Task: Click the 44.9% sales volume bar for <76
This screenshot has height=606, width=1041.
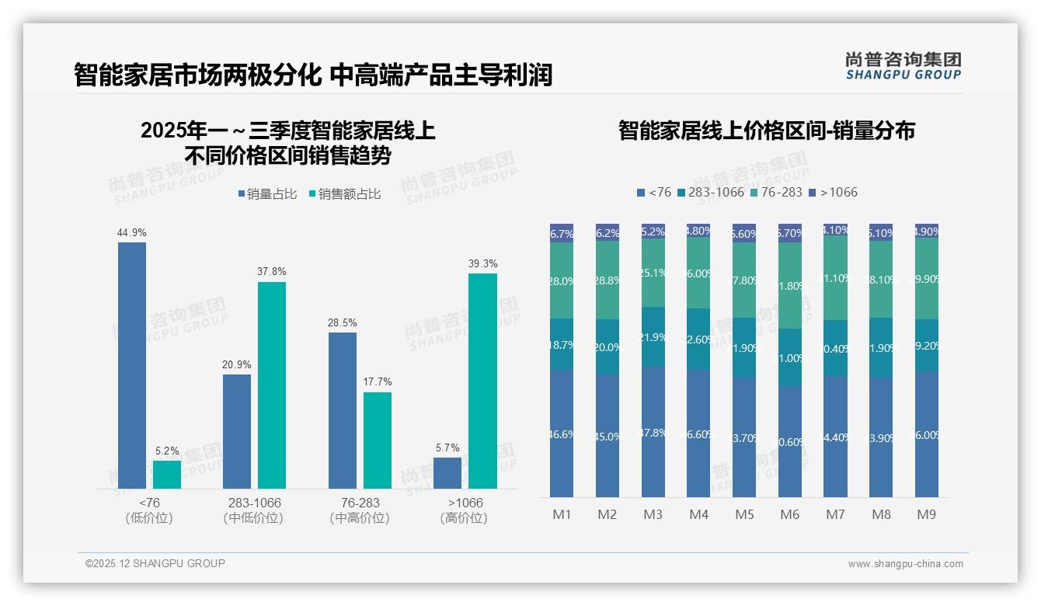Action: pyautogui.click(x=132, y=365)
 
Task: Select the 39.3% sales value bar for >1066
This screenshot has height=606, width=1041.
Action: pyautogui.click(x=482, y=381)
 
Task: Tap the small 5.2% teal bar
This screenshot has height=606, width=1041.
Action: pyautogui.click(x=167, y=475)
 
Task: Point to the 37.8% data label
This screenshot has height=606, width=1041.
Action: pyautogui.click(x=272, y=271)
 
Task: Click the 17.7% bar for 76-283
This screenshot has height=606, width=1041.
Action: pyautogui.click(x=378, y=441)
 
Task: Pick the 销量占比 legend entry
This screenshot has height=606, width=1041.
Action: pyautogui.click(x=267, y=194)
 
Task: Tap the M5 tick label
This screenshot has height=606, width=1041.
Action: pyautogui.click(x=745, y=514)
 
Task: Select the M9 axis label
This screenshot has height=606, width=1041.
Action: pyautogui.click(x=927, y=514)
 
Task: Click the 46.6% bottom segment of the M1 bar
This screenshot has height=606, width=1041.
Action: pyautogui.click(x=562, y=434)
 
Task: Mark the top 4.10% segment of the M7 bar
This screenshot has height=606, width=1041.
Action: pyautogui.click(x=836, y=230)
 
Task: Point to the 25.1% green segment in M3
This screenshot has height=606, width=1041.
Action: pyautogui.click(x=653, y=273)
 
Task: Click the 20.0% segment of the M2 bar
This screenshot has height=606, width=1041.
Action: pyautogui.click(x=608, y=347)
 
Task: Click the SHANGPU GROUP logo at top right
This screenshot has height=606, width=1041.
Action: pyautogui.click(x=903, y=65)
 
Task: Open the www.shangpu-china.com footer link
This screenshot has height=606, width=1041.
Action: pyautogui.click(x=905, y=564)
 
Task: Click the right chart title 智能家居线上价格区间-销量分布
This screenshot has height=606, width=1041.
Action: pyautogui.click(x=767, y=131)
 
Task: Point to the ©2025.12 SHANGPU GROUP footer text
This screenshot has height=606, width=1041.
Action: pyautogui.click(x=155, y=563)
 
